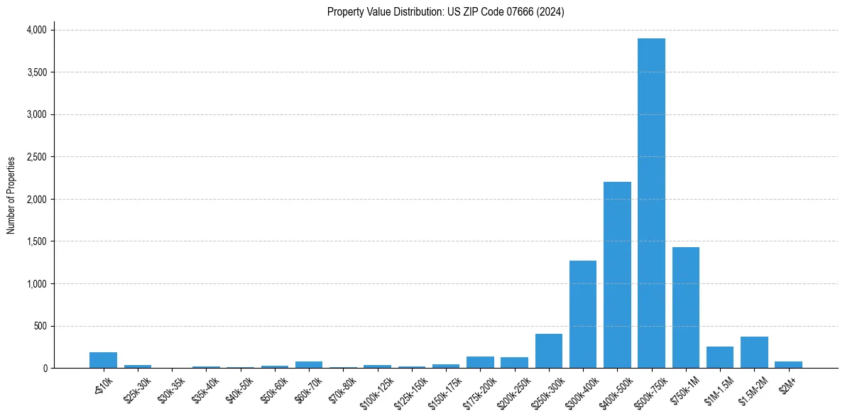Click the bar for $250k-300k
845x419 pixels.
pyautogui.click(x=549, y=351)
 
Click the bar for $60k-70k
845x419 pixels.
pyautogui.click(x=309, y=364)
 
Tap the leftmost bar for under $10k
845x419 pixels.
pyautogui.click(x=103, y=360)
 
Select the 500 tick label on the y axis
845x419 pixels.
pyautogui.click(x=41, y=326)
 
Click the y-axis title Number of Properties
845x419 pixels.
pyautogui.click(x=11, y=195)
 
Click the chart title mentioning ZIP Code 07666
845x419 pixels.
pyautogui.click(x=446, y=11)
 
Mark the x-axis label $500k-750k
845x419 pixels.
pyautogui.click(x=652, y=389)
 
